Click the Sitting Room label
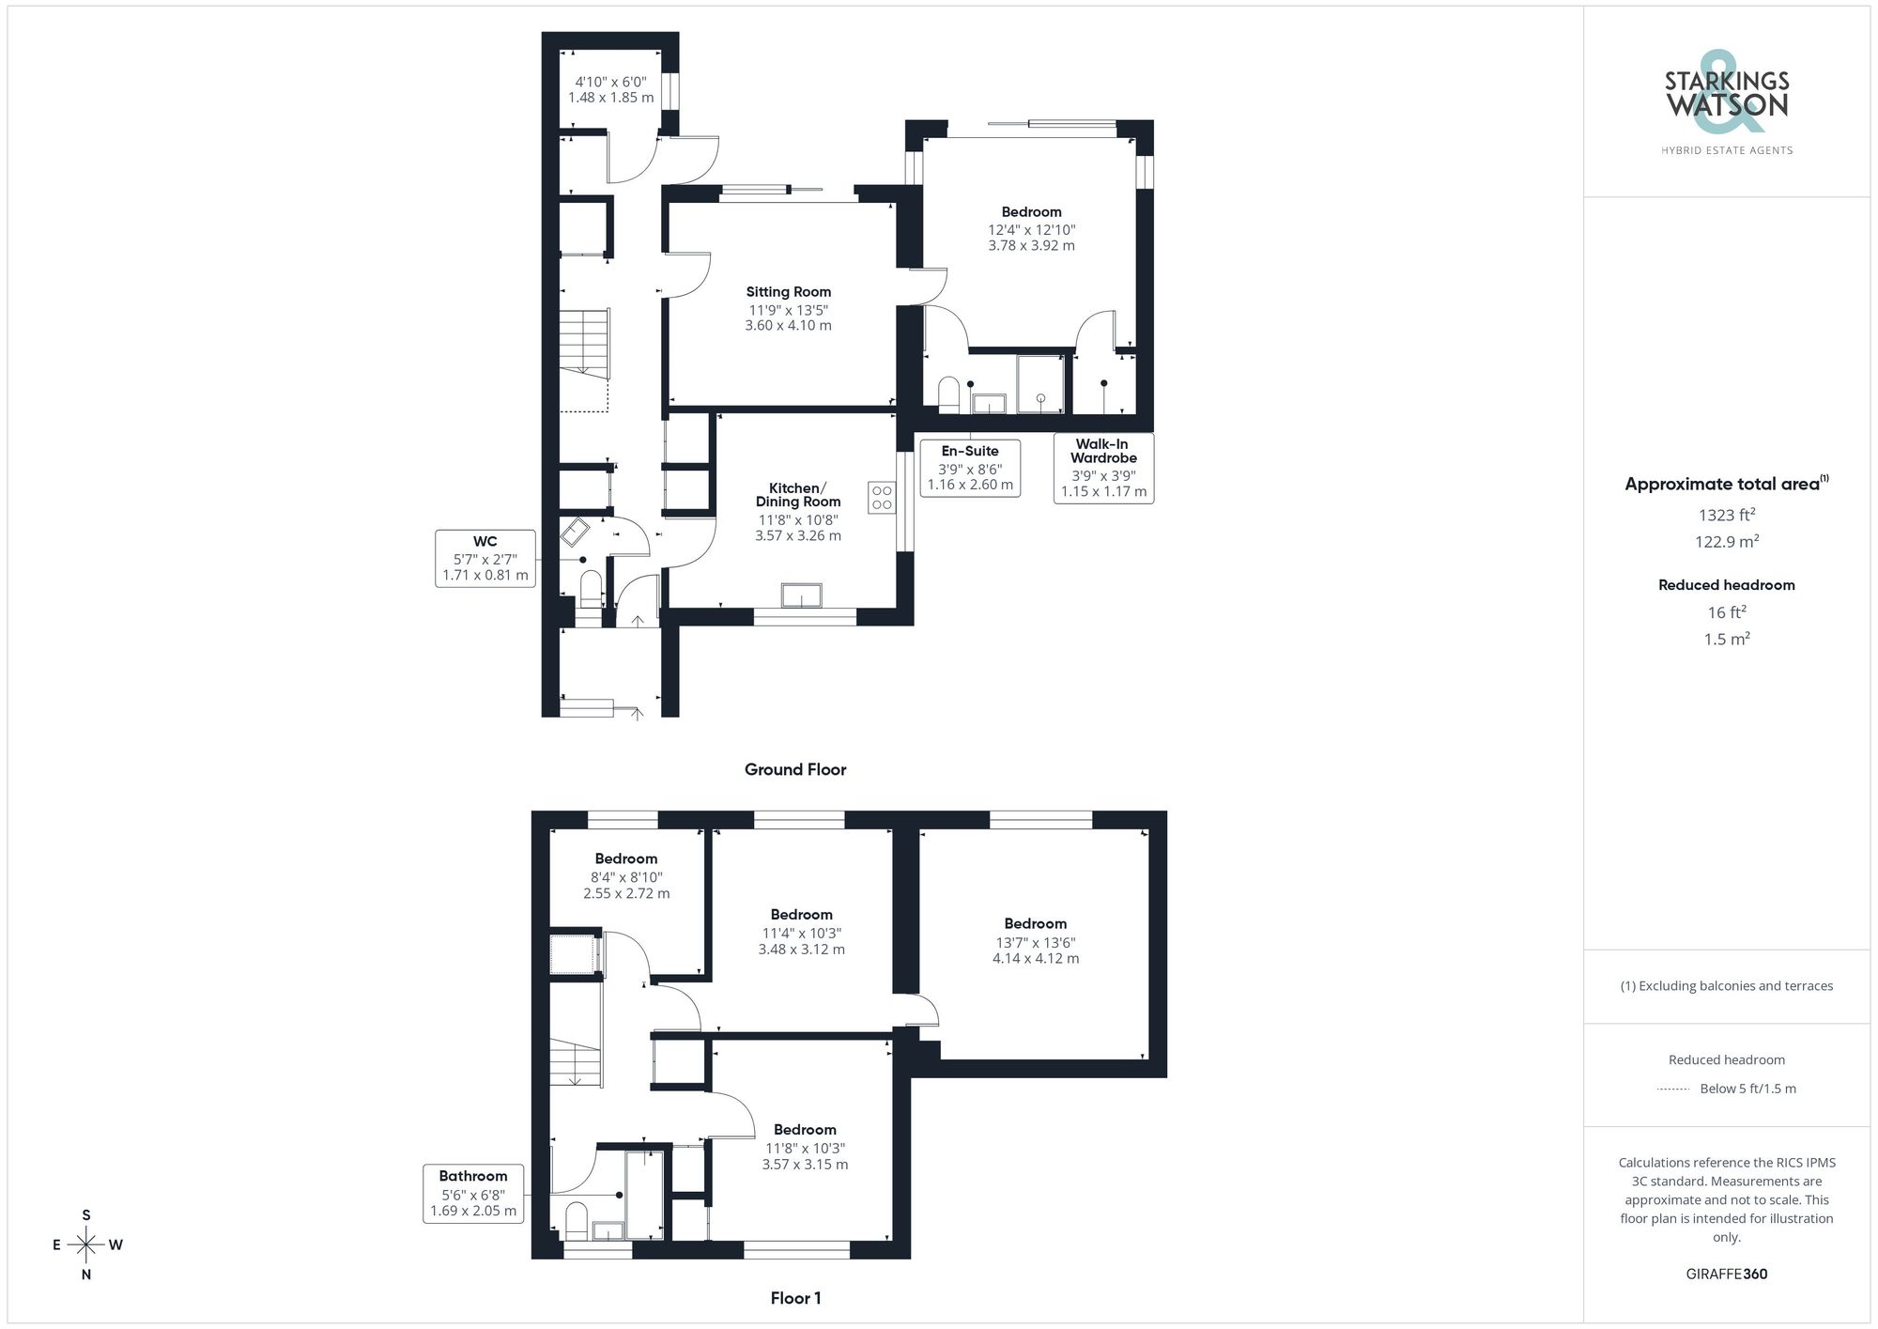pyautogui.click(x=789, y=292)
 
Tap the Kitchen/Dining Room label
pyautogui.click(x=797, y=495)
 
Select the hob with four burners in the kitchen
pyautogui.click(x=882, y=497)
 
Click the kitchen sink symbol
pyautogui.click(x=801, y=595)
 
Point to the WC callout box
pyautogui.click(x=485, y=558)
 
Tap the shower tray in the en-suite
pyautogui.click(x=1040, y=384)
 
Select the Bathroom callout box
pyautogui.click(x=473, y=1193)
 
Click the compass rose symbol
pyautogui.click(x=86, y=1245)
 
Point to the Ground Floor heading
pyautogui.click(x=795, y=770)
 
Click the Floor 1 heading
pyautogui.click(x=795, y=1298)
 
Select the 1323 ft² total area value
pyautogui.click(x=1727, y=515)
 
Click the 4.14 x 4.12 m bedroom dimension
pyautogui.click(x=1036, y=959)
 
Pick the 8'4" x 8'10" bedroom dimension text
pyautogui.click(x=626, y=877)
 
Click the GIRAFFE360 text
pyautogui.click(x=1727, y=1275)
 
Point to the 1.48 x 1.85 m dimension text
pyautogui.click(x=610, y=98)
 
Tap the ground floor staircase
pyautogui.click(x=585, y=343)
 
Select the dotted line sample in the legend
pyautogui.click(x=1673, y=1089)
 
